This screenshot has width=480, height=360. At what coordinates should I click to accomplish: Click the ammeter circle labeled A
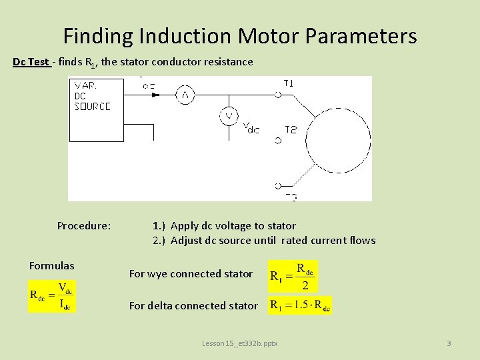pyautogui.click(x=185, y=95)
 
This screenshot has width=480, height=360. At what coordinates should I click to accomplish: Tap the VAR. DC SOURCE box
pyautogui.click(x=96, y=110)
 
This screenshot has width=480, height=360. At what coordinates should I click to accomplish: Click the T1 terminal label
pyautogui.click(x=289, y=83)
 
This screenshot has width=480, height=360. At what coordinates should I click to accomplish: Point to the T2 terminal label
pyautogui.click(x=291, y=130)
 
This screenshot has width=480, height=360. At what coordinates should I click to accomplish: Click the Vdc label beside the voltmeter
pyautogui.click(x=251, y=127)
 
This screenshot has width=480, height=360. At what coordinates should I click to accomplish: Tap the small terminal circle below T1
pyautogui.click(x=277, y=95)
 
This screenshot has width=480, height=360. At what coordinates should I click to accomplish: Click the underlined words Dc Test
pyautogui.click(x=31, y=62)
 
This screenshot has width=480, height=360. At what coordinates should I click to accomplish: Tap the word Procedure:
pyautogui.click(x=84, y=225)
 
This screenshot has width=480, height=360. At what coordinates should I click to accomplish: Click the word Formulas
pyautogui.click(x=52, y=266)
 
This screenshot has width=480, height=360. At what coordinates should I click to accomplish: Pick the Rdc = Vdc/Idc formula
pyautogui.click(x=52, y=297)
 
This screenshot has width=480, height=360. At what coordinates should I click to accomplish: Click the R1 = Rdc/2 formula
pyautogui.click(x=293, y=275)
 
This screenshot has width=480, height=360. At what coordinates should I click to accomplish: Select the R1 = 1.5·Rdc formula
pyautogui.click(x=300, y=305)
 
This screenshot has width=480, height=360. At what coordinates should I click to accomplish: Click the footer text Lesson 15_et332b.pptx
pyautogui.click(x=240, y=343)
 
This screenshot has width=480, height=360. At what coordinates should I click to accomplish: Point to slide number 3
pyautogui.click(x=449, y=343)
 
